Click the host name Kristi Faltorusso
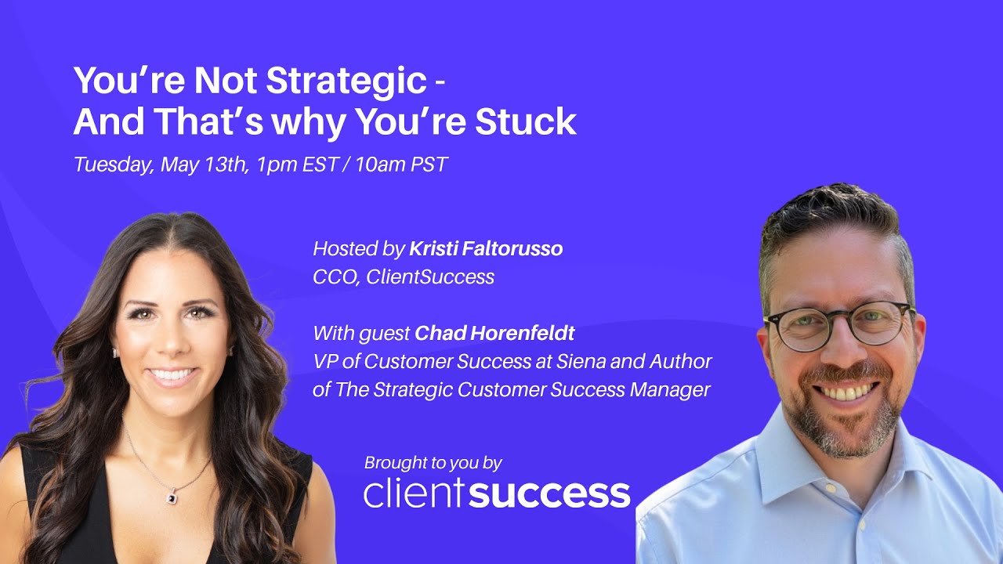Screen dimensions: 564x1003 486,250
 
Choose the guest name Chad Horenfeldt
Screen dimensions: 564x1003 494,334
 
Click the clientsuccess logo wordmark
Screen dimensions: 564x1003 497,493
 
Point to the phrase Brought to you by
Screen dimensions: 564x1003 433,463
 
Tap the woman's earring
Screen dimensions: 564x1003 116,353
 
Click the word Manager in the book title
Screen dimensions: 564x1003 671,389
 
